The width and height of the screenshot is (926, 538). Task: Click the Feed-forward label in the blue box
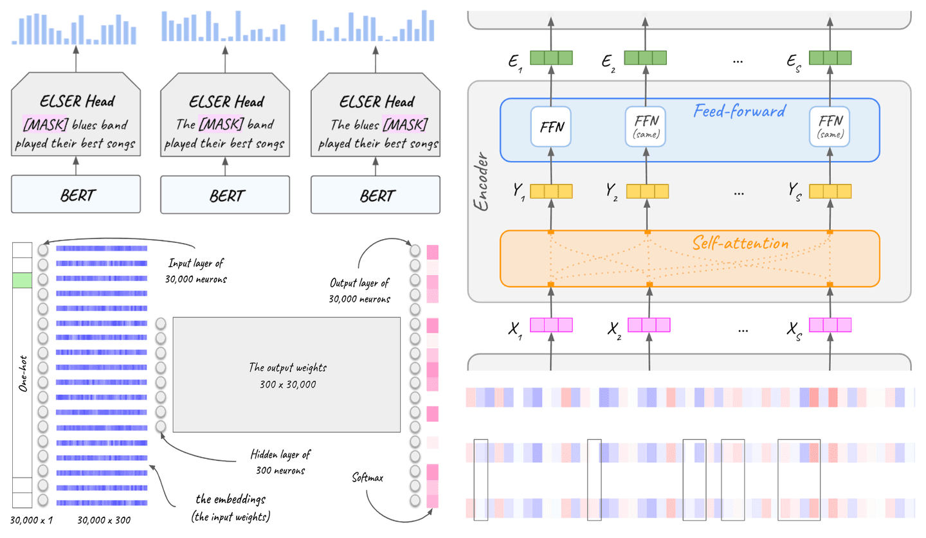(x=739, y=111)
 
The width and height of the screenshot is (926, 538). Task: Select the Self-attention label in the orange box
(x=740, y=244)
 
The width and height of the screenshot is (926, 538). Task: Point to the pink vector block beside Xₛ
(x=830, y=325)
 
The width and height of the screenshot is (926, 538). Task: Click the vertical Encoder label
(x=482, y=182)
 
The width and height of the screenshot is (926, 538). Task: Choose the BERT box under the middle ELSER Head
(x=225, y=194)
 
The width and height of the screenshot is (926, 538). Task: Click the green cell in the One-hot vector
(x=21, y=280)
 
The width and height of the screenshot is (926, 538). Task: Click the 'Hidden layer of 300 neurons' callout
(x=280, y=462)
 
